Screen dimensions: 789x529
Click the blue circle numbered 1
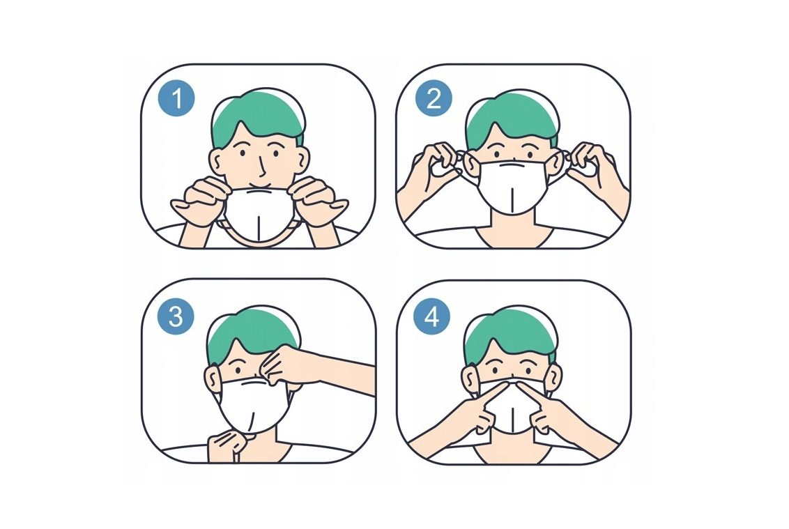click(177, 99)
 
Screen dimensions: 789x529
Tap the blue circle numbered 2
click(434, 99)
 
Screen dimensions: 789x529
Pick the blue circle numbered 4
click(431, 318)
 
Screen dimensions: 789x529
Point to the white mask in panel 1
click(257, 214)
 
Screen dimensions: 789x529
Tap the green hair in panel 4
click(511, 334)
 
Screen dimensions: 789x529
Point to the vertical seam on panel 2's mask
click(511, 199)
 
